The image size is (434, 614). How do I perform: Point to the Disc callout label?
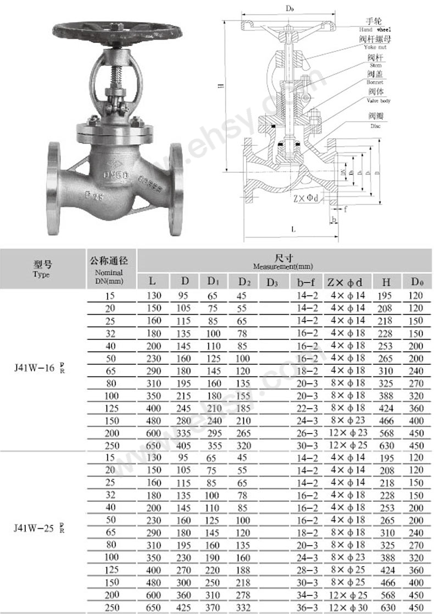(x=376, y=121)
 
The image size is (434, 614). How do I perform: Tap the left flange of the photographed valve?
(x=54, y=188)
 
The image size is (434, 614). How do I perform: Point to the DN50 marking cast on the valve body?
(x=116, y=174)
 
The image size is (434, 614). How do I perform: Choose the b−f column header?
(x=306, y=282)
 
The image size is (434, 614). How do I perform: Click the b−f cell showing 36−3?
(x=306, y=607)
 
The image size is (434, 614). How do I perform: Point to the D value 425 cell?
(x=184, y=607)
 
